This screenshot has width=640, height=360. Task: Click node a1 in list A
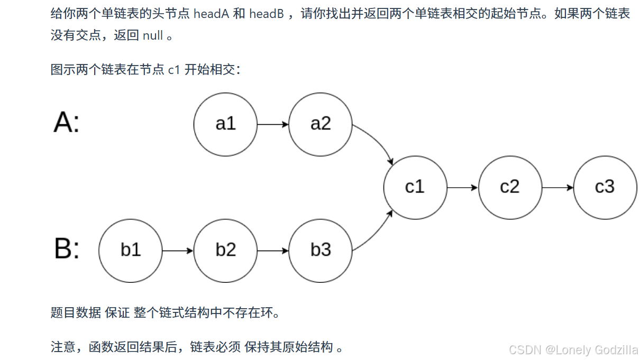click(225, 124)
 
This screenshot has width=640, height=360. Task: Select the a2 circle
click(321, 124)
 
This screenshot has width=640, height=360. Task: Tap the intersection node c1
click(415, 187)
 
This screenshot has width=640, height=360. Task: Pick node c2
click(510, 187)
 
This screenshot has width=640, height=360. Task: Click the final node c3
click(605, 187)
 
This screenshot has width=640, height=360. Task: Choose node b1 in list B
click(130, 250)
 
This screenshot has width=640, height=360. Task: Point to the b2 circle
click(225, 250)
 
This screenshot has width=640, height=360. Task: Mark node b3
click(321, 250)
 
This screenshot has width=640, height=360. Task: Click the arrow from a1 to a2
click(273, 124)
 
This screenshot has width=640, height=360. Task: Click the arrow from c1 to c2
click(463, 187)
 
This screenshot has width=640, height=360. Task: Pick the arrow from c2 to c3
click(557, 187)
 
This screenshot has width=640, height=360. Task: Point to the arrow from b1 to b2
click(178, 251)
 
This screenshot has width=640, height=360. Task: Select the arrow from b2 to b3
click(273, 251)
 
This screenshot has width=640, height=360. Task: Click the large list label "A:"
click(67, 123)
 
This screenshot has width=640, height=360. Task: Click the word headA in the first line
click(211, 14)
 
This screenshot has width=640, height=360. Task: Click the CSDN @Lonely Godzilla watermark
click(573, 349)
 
